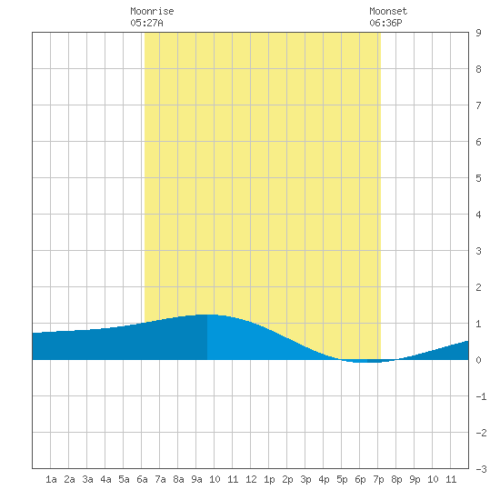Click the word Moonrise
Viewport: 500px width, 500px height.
coord(152,11)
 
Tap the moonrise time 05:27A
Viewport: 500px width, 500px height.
coord(146,23)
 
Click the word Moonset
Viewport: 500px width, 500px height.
coord(388,11)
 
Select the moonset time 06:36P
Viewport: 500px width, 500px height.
coord(385,23)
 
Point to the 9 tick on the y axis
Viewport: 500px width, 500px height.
coord(478,33)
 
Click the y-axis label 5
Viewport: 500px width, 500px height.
coord(478,178)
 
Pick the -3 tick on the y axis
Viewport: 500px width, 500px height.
coord(481,469)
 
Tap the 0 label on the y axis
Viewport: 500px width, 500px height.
coord(478,360)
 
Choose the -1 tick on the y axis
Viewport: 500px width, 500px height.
coord(481,396)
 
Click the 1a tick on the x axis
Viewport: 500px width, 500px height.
coord(51,479)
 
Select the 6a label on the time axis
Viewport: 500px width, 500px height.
coord(142,479)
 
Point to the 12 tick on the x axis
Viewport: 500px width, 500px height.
coord(251,479)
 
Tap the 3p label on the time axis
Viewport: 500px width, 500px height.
coord(305,479)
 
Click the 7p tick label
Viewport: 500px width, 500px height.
coord(378,479)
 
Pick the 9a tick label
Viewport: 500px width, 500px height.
coord(196,479)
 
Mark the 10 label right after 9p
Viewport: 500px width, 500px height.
coord(433,479)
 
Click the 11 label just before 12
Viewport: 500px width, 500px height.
coord(233,479)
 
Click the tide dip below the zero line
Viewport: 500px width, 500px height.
coord(367,361)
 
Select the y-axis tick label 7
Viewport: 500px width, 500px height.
coord(478,105)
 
